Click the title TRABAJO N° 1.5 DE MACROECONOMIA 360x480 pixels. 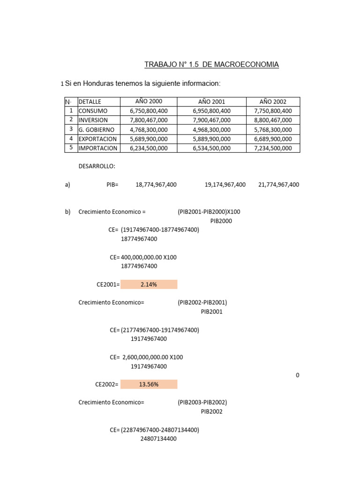coord(211,65)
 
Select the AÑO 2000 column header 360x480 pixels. coord(149,102)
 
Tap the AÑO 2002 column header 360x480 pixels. coord(273,102)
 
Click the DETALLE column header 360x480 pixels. coord(90,102)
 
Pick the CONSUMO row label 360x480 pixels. coord(93,111)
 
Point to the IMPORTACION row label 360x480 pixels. coord(98,148)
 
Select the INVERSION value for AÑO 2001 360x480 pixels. coord(211,120)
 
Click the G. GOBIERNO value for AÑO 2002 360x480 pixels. coord(273,130)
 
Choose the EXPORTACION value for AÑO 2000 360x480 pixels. coord(149,139)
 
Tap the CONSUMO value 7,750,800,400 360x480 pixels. coord(273,111)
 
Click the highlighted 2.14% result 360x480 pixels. coord(149,285)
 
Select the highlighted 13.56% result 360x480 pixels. coord(149,384)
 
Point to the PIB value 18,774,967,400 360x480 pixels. coord(156,185)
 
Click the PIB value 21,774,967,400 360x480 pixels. coord(278,185)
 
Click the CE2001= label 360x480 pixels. coord(107,285)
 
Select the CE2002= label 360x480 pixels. coord(107,384)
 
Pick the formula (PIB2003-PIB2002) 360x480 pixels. coord(202,402)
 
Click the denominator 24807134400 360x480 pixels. coord(158,439)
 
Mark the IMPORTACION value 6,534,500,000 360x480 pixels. coord(211,148)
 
